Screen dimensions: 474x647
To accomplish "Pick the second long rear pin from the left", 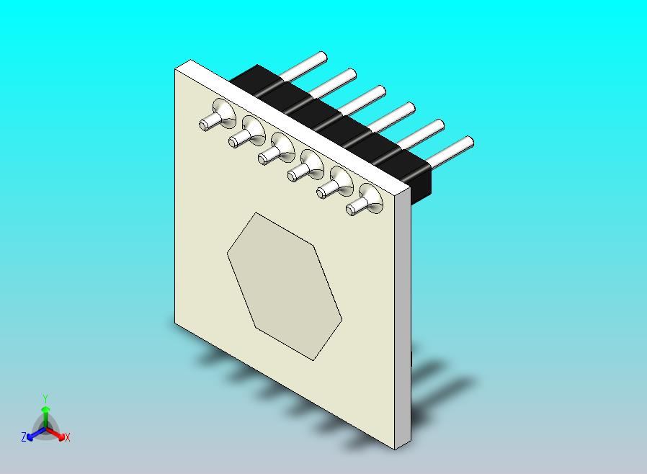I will (x=334, y=81).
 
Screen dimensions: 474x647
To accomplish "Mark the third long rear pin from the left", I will (x=363, y=99).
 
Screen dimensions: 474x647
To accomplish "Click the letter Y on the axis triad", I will (x=45, y=398).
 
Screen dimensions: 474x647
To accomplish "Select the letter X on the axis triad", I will (x=67, y=437).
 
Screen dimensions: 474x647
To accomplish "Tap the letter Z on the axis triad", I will (x=24, y=437).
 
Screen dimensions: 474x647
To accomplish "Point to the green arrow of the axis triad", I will (x=45, y=415).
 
